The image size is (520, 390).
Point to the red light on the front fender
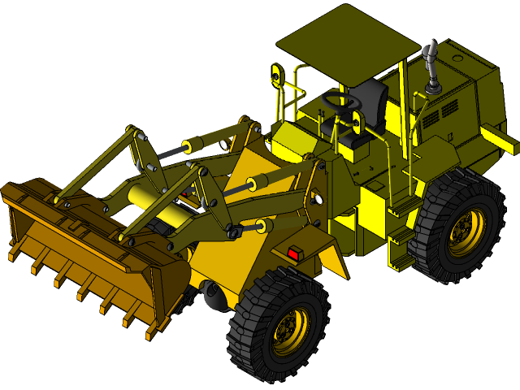coord(293,254)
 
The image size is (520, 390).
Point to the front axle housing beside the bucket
coord(214,297)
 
